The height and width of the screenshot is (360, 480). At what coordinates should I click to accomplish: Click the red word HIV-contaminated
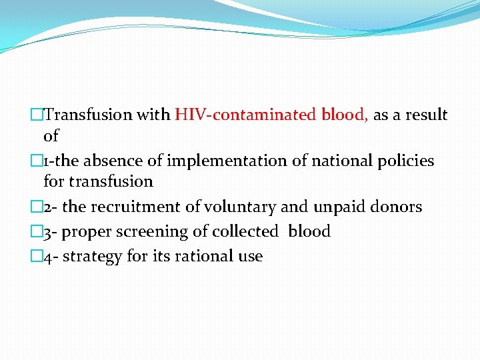(246, 115)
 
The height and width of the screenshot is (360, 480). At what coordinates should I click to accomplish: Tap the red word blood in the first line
(343, 115)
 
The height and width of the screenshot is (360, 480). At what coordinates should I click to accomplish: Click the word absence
(136, 161)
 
